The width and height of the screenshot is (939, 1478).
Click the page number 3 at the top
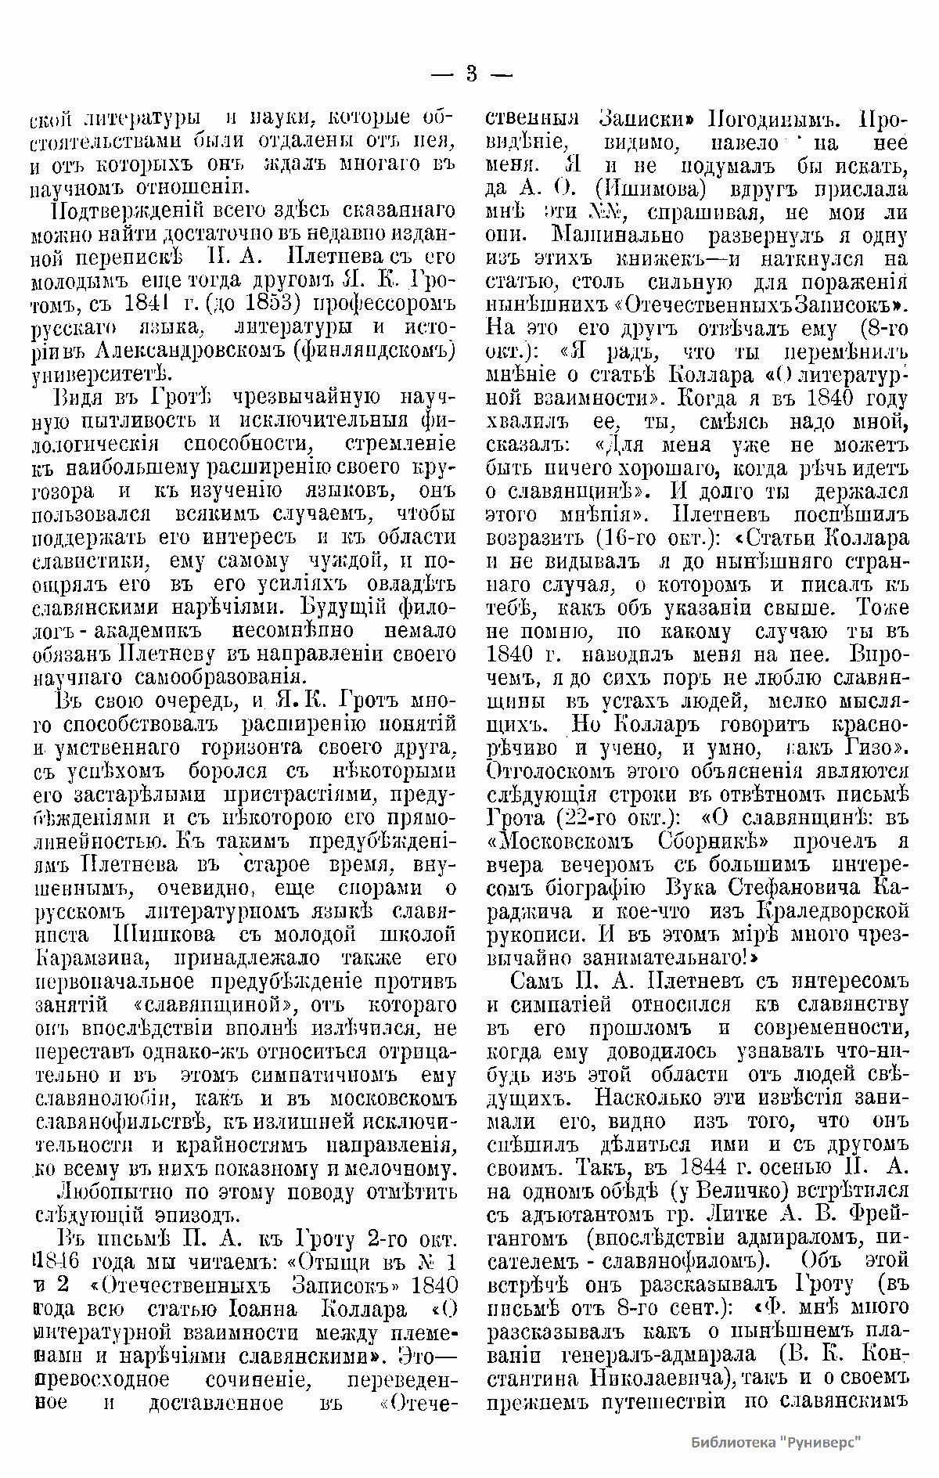click(470, 75)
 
